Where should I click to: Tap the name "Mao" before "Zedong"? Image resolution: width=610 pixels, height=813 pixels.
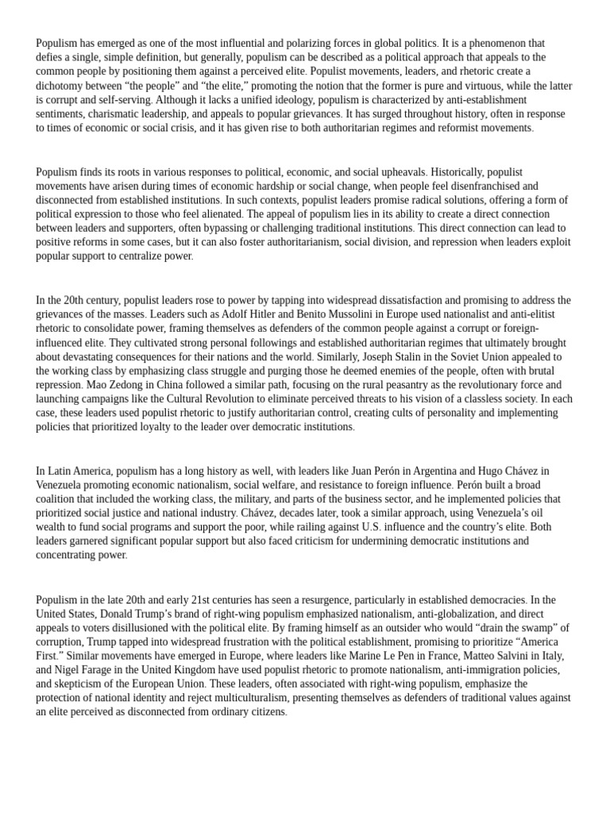tap(98, 385)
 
